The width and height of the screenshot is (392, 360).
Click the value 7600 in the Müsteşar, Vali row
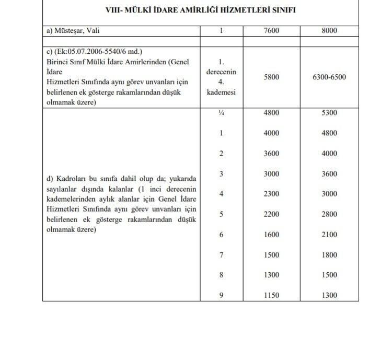[272, 31]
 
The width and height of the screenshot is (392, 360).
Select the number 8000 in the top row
[330, 31]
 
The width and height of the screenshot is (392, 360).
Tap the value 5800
[272, 77]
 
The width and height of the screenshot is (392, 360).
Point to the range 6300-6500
[330, 77]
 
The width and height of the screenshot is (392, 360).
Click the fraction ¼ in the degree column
[221, 113]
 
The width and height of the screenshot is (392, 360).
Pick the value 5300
[330, 113]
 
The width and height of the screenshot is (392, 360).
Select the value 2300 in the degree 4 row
[272, 194]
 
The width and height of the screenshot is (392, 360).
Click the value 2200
[272, 214]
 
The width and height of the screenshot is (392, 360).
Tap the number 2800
[330, 214]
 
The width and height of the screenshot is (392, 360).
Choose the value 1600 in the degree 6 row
[272, 235]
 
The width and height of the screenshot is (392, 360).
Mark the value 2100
[330, 235]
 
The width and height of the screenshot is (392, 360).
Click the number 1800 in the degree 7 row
[330, 254]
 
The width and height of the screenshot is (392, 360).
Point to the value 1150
[272, 295]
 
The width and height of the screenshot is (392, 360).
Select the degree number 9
[221, 295]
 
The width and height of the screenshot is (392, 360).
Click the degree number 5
[221, 214]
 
